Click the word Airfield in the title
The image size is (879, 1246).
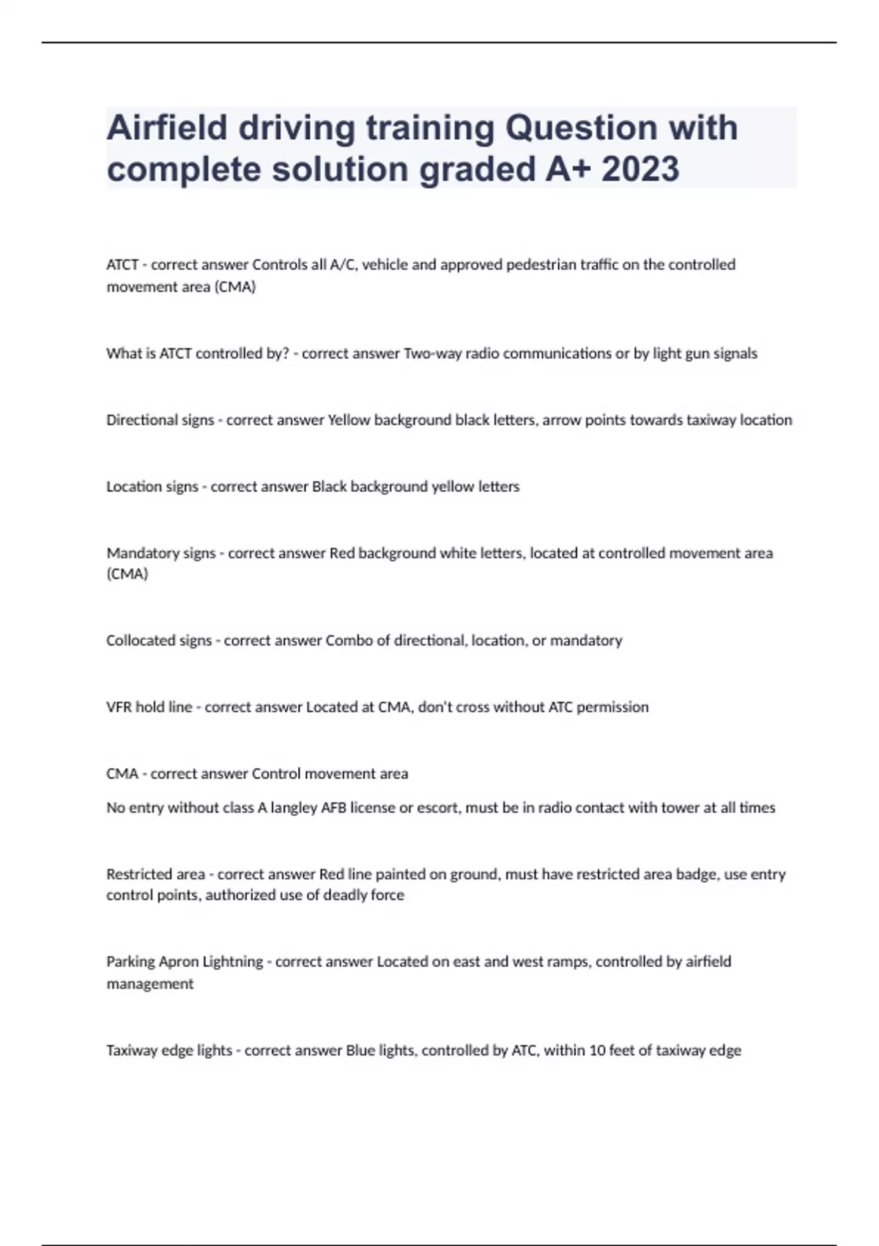(168, 128)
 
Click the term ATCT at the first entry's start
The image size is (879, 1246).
(122, 265)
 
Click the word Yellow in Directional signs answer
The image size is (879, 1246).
(349, 420)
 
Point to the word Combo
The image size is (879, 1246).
(348, 641)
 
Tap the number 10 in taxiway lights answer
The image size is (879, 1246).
(597, 1050)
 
